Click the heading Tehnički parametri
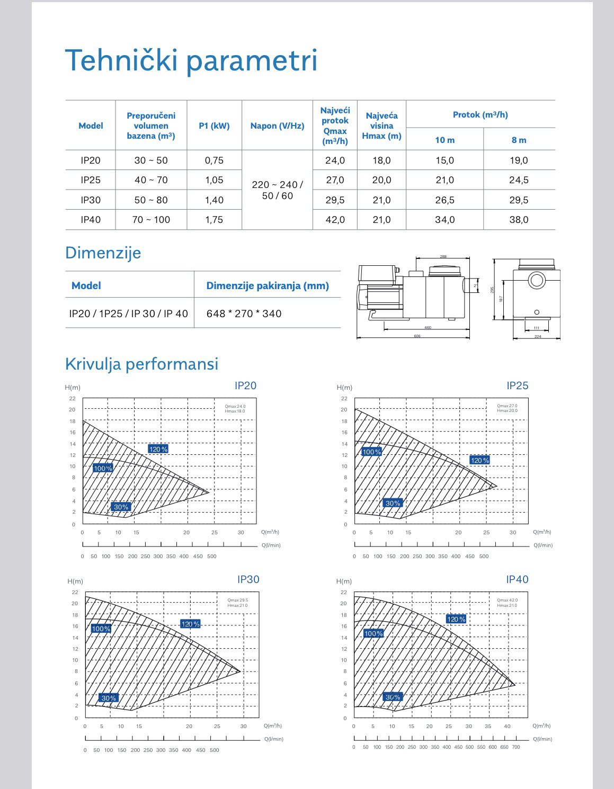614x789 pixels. coord(191,60)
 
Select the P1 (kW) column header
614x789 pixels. coord(214,126)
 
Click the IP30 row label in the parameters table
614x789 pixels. coord(91,200)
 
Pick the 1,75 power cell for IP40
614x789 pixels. coord(214,220)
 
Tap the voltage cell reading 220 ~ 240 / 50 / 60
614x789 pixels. coord(277,190)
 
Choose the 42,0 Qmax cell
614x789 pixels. coord(335,220)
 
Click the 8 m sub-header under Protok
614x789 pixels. coord(519,140)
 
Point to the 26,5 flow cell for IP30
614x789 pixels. coord(444,200)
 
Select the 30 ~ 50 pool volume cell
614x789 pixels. coord(151,160)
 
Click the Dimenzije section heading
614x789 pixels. coord(103,253)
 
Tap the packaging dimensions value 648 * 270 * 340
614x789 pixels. coord(244,313)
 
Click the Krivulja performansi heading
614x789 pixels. coord(141,364)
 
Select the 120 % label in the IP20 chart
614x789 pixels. coord(158,449)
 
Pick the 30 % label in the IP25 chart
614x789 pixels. coord(393,503)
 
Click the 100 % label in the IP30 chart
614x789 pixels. coord(101,629)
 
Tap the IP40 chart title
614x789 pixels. coord(517,579)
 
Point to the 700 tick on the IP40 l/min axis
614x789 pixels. coord(516,747)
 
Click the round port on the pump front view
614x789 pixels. coord(537,280)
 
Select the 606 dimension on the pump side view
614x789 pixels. coord(417,336)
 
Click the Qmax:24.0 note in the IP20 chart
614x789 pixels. coord(235,406)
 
